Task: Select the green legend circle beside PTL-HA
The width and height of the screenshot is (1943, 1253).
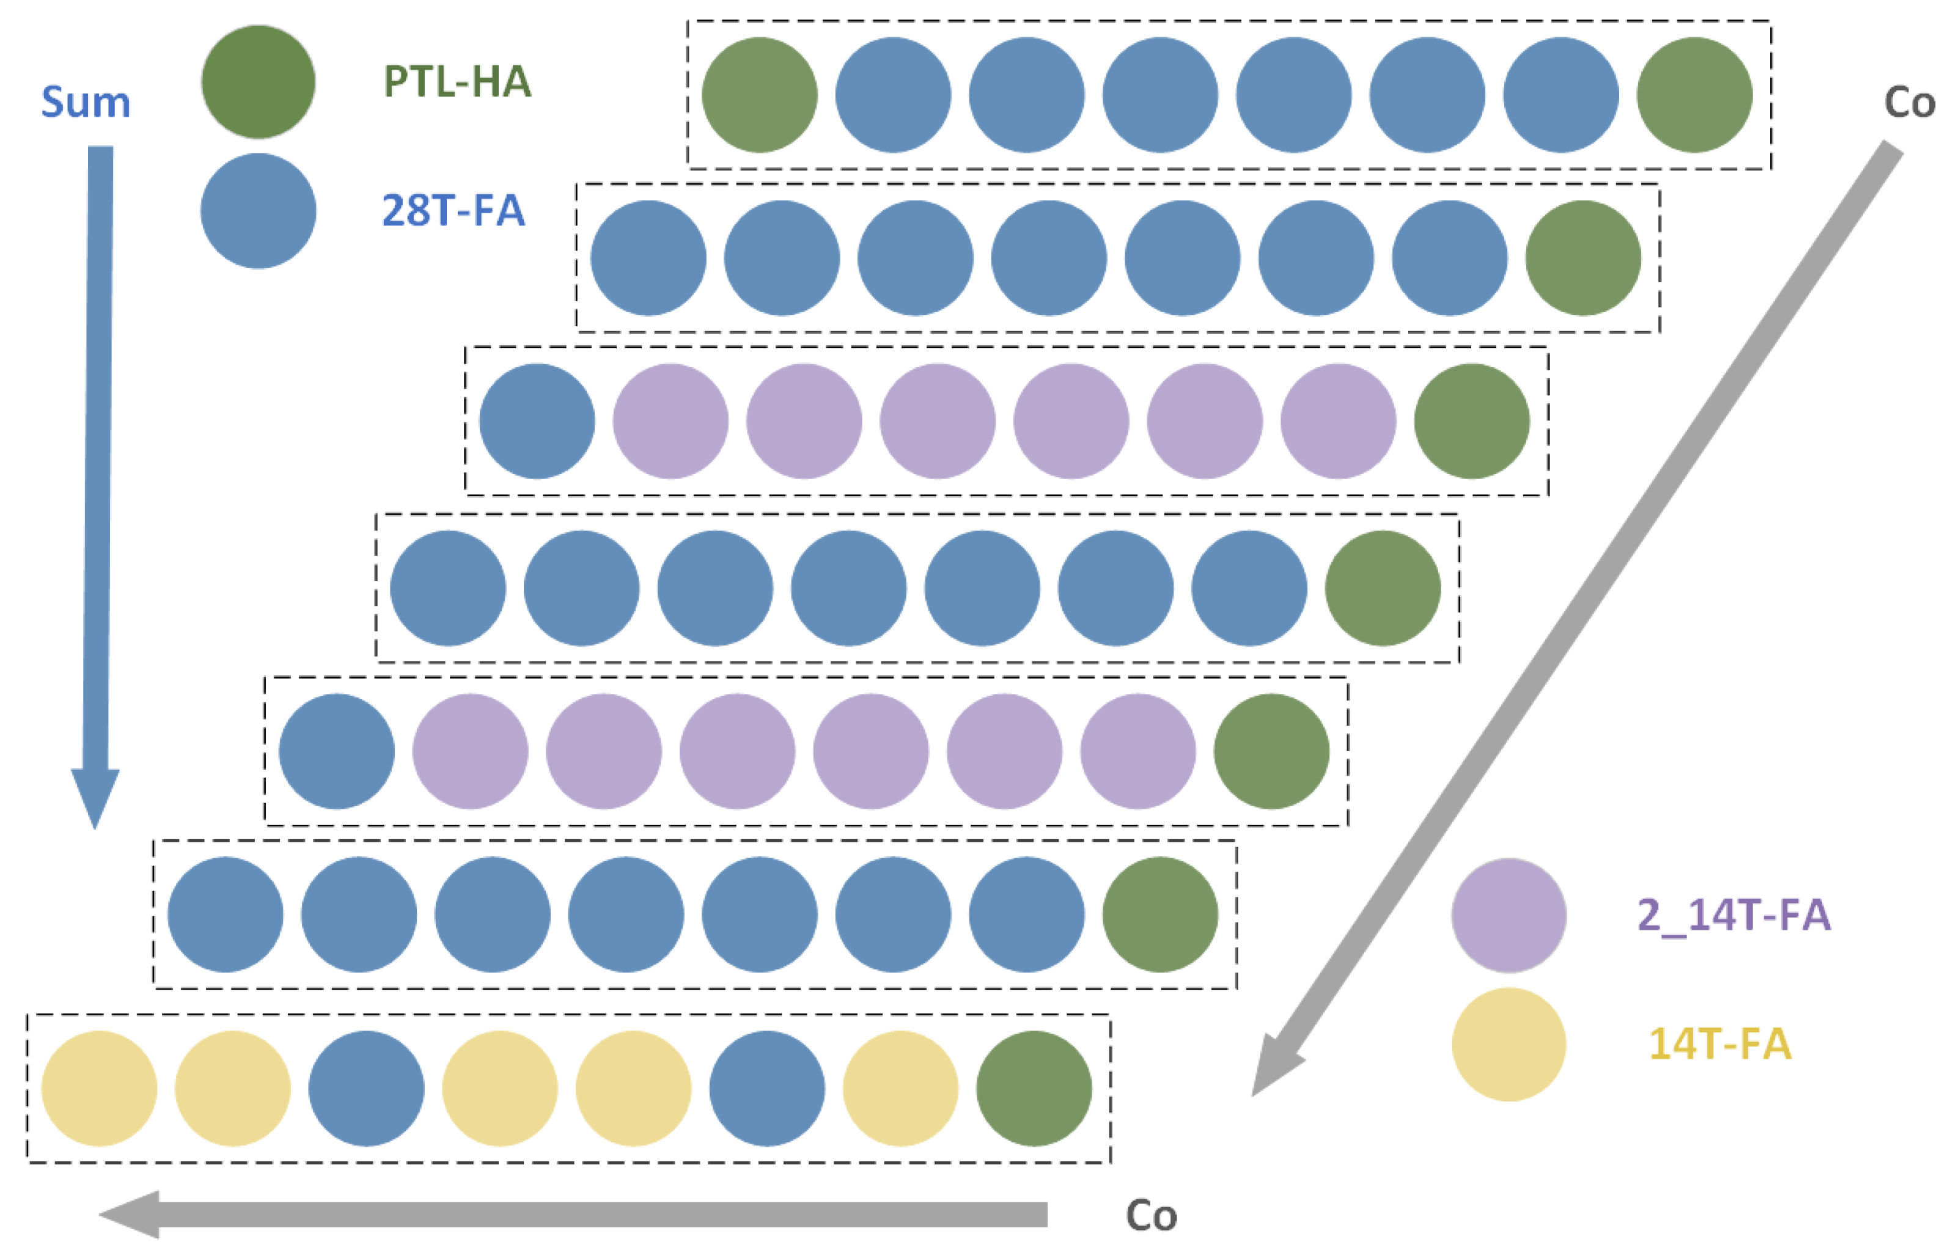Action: tap(258, 82)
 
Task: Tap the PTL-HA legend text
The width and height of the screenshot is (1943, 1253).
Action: tap(457, 82)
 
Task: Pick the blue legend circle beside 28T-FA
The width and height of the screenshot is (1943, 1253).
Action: tap(258, 211)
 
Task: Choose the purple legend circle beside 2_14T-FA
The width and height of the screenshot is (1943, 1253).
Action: tap(1508, 915)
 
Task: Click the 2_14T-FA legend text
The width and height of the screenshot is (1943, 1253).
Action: tap(1734, 915)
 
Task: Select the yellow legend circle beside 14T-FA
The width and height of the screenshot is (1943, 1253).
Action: tap(1508, 1044)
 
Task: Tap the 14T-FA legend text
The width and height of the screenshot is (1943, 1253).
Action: tap(1719, 1044)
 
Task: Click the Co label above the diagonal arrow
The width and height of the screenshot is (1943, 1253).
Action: tap(1909, 103)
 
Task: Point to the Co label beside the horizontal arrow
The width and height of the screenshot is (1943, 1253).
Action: tap(1151, 1216)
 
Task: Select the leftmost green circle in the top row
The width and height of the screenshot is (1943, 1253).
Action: tap(760, 95)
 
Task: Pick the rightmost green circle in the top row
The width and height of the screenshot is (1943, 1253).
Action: tap(1694, 95)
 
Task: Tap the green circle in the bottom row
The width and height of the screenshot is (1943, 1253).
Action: tap(1034, 1089)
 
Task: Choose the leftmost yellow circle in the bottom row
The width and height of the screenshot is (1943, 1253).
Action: tap(99, 1089)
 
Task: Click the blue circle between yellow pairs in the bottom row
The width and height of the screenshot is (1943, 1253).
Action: tap(366, 1089)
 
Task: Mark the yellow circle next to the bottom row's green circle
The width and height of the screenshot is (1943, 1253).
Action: tap(900, 1089)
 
